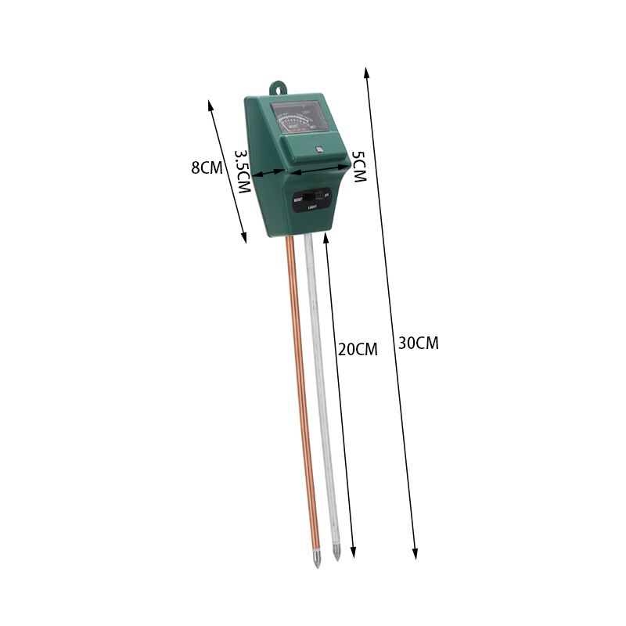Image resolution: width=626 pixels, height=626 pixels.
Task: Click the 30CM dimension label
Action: pyautogui.click(x=419, y=343)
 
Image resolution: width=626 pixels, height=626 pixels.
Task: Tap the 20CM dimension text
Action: pyautogui.click(x=358, y=350)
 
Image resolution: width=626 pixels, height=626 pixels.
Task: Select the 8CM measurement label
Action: pyautogui.click(x=207, y=167)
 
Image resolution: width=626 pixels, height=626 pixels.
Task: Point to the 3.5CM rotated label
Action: pyautogui.click(x=242, y=172)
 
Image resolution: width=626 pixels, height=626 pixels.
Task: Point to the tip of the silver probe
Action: pyautogui.click(x=337, y=558)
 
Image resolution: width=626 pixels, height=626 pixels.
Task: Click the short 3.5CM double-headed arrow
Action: pyautogui.click(x=267, y=174)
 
